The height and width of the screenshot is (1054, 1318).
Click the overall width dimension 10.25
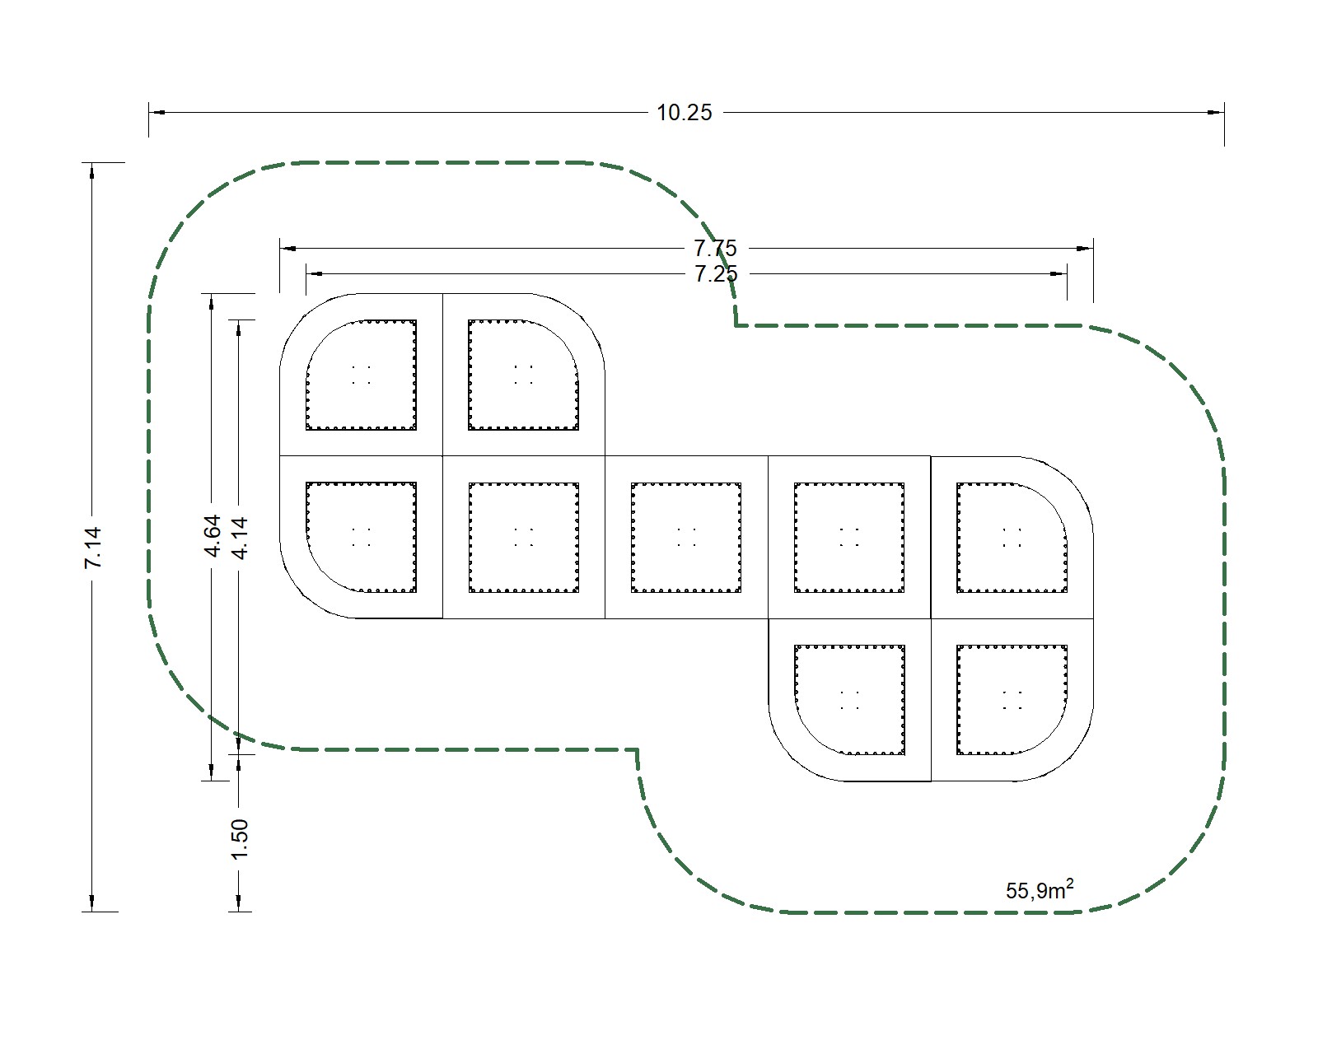(684, 113)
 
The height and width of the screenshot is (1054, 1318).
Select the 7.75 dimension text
(715, 249)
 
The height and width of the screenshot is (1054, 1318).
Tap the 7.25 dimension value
(715, 273)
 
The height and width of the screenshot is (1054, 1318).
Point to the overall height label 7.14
(93, 548)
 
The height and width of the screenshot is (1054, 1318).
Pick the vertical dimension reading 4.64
(212, 536)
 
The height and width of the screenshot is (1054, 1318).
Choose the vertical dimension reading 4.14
(240, 538)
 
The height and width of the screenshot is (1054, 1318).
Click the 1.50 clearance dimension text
(239, 839)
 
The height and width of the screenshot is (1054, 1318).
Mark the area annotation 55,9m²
(1040, 889)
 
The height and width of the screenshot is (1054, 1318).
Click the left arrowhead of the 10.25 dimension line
(157, 113)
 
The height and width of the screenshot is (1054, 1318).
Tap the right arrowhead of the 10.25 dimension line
(1216, 113)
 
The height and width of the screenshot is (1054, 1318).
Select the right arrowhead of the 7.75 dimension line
(1085, 249)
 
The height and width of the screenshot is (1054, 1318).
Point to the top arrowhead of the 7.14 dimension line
(92, 171)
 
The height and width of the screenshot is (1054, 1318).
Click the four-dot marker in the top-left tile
(362, 375)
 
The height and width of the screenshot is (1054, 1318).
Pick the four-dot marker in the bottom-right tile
(1012, 700)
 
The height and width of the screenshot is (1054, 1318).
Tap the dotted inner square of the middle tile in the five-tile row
(686, 538)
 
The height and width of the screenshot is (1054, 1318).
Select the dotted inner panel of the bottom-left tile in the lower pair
(849, 700)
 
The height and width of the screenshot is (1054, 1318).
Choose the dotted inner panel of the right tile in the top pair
(524, 375)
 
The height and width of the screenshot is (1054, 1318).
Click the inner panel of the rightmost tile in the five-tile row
(1012, 538)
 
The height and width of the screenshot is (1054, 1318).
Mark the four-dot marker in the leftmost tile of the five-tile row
(362, 538)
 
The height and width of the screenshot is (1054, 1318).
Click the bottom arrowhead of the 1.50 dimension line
(239, 903)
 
